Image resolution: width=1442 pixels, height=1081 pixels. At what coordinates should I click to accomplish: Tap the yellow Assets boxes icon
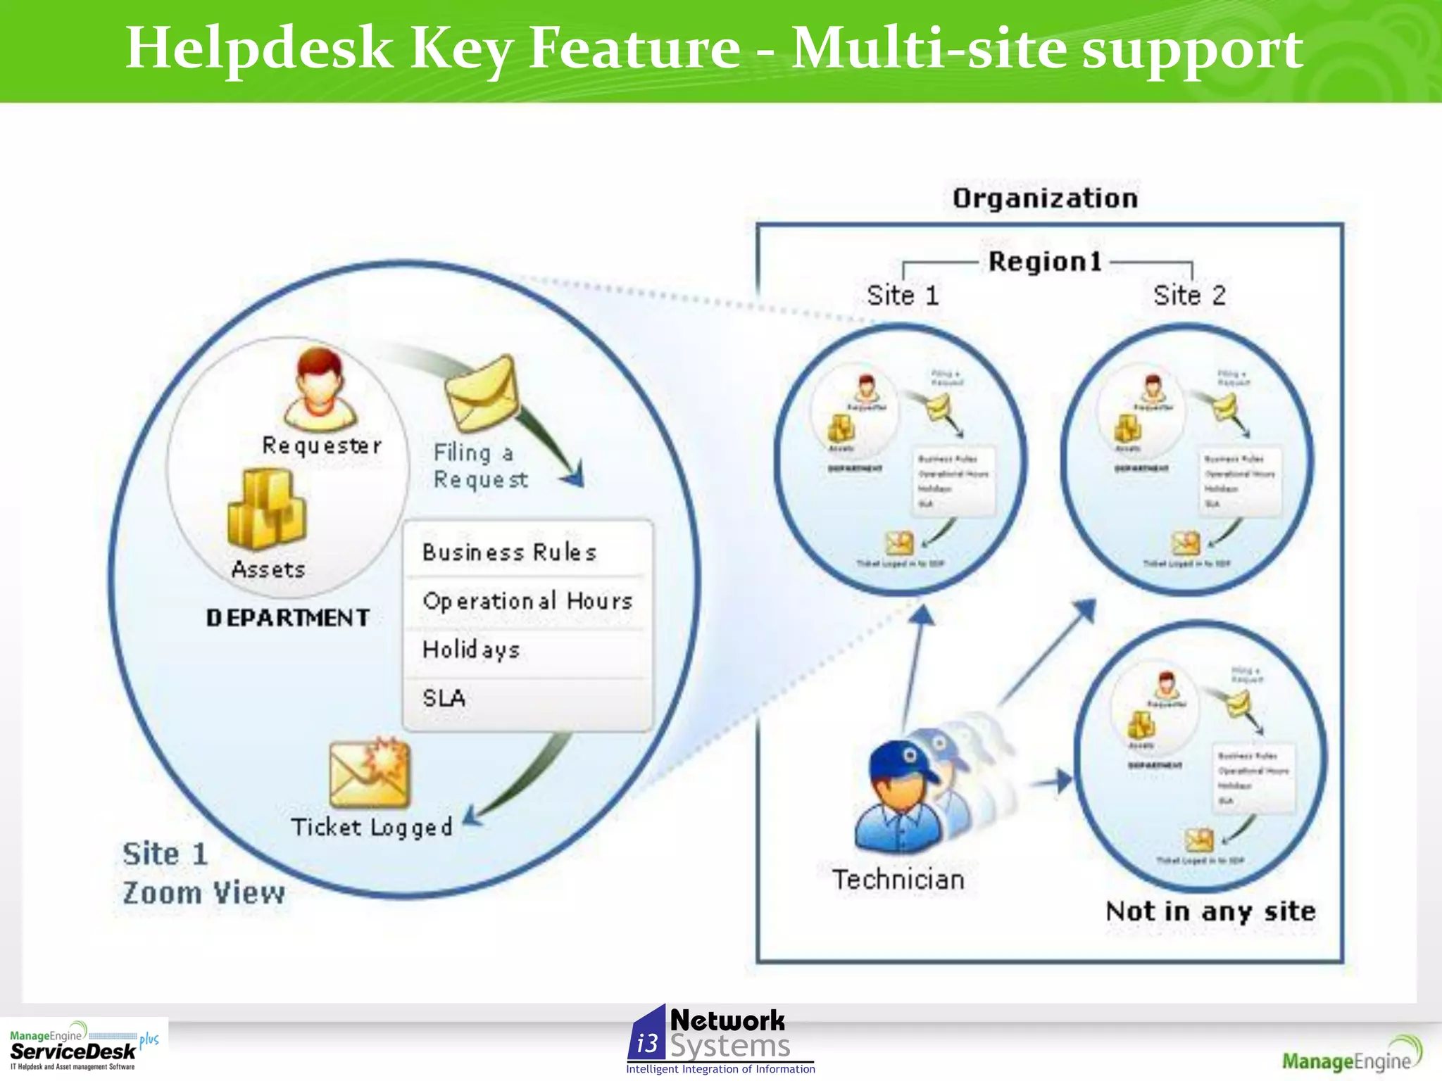coord(267,510)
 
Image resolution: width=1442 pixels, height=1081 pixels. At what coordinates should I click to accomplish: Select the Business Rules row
coord(527,552)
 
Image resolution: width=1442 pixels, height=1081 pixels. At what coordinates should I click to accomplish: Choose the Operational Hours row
coord(527,601)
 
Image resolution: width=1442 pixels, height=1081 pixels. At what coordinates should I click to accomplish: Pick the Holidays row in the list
coord(527,650)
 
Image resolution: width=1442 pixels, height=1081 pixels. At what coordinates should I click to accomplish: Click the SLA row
coord(527,699)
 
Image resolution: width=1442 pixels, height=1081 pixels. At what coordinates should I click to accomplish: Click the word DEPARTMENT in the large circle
coord(288,618)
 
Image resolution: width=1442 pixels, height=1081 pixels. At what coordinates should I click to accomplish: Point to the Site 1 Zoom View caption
coord(202,873)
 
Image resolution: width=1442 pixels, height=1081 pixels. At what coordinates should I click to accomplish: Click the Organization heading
coord(1045,198)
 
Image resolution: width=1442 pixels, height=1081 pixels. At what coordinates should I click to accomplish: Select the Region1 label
coord(1045,262)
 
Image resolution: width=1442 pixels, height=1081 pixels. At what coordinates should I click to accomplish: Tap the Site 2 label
coord(1189,295)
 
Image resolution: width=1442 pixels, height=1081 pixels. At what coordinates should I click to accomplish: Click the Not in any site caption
coord(1210,911)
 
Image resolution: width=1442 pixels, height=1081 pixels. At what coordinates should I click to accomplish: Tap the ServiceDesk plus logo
coord(83,1047)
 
